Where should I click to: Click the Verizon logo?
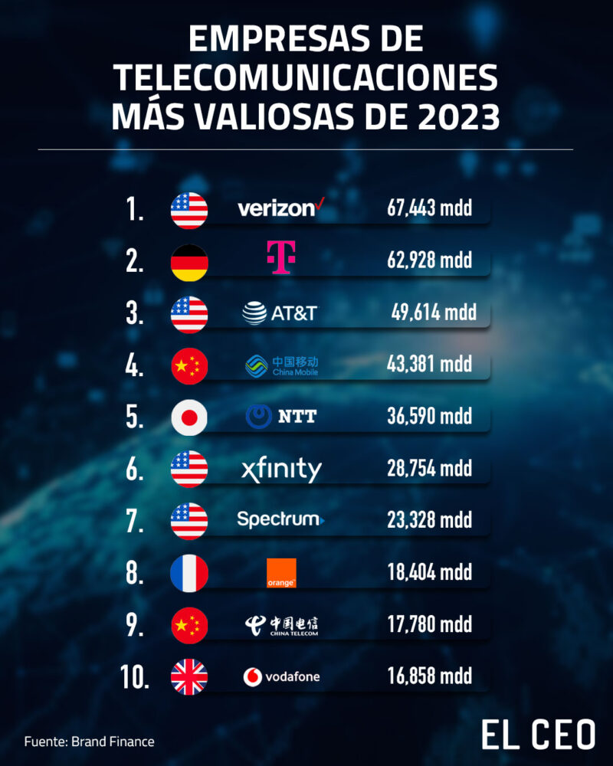point(277,208)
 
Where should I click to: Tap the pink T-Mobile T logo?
point(280,259)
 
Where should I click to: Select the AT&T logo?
point(279,313)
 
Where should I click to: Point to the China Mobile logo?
point(281,365)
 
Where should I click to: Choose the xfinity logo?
point(280,470)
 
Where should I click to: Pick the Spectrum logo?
point(280,520)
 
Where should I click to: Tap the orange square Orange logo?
point(281,573)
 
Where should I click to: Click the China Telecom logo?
point(281,625)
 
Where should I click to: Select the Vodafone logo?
point(281,676)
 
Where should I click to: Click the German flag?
point(188,262)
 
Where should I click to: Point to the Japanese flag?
point(188,418)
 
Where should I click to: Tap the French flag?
point(188,574)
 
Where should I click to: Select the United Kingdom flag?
point(188,678)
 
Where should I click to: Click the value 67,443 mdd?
point(429,208)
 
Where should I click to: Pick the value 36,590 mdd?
point(429,417)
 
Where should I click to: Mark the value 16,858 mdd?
point(429,676)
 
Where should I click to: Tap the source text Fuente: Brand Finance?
point(89,741)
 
